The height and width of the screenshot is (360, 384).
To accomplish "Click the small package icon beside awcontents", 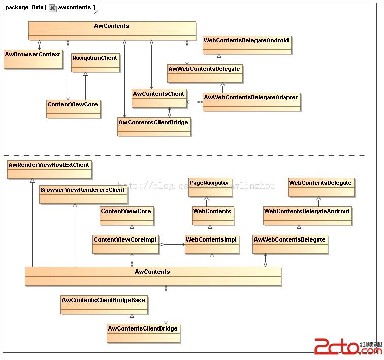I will [52, 8].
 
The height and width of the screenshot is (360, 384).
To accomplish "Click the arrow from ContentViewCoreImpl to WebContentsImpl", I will [173, 244].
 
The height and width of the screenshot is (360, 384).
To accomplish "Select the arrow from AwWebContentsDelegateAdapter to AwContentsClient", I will [195, 102].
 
